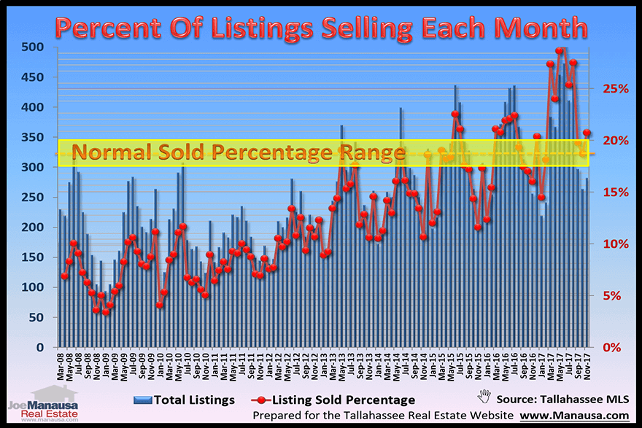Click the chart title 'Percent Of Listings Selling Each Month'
click(321, 27)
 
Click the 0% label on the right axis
click(613, 348)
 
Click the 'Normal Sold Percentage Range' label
click(239, 153)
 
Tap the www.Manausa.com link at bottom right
click(580, 416)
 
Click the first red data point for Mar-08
click(64, 276)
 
